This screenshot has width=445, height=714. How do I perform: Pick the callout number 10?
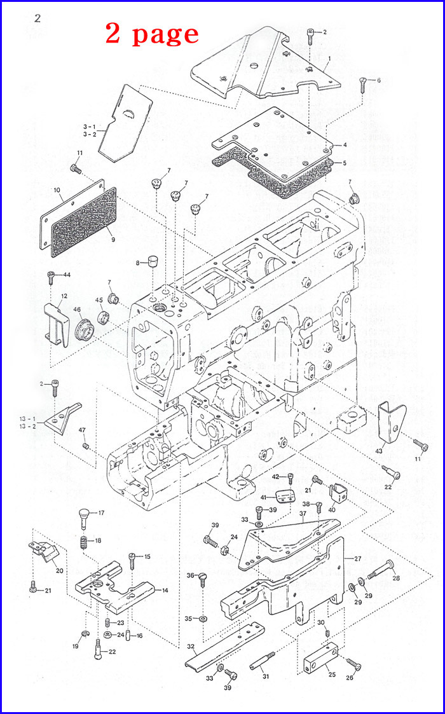pyautogui.click(x=57, y=190)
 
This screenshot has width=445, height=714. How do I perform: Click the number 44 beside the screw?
pyautogui.click(x=67, y=274)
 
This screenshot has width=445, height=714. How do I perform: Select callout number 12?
pyautogui.click(x=64, y=296)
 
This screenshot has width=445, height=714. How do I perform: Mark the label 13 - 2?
pyautogui.click(x=45, y=426)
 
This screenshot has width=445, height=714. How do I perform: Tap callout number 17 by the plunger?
pyautogui.click(x=101, y=512)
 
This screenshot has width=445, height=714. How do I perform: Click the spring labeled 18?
pyautogui.click(x=83, y=542)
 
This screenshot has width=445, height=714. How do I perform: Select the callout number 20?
pyautogui.click(x=59, y=570)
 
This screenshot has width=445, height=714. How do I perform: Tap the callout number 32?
pyautogui.click(x=190, y=646)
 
